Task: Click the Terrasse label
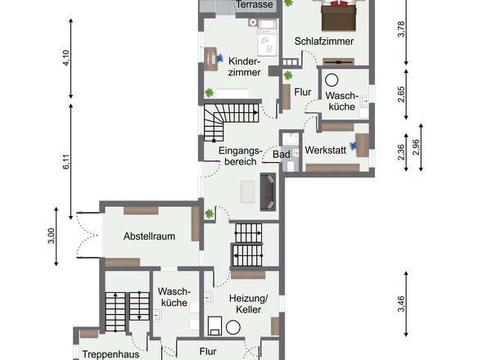tap(255, 5)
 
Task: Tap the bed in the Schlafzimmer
tap(336, 15)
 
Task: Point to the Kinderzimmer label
tap(245, 66)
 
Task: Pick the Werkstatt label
tap(325, 151)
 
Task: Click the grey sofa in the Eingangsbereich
tap(268, 191)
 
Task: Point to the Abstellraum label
tap(150, 236)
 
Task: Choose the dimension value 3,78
tap(401, 30)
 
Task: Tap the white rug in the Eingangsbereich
tap(248, 191)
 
